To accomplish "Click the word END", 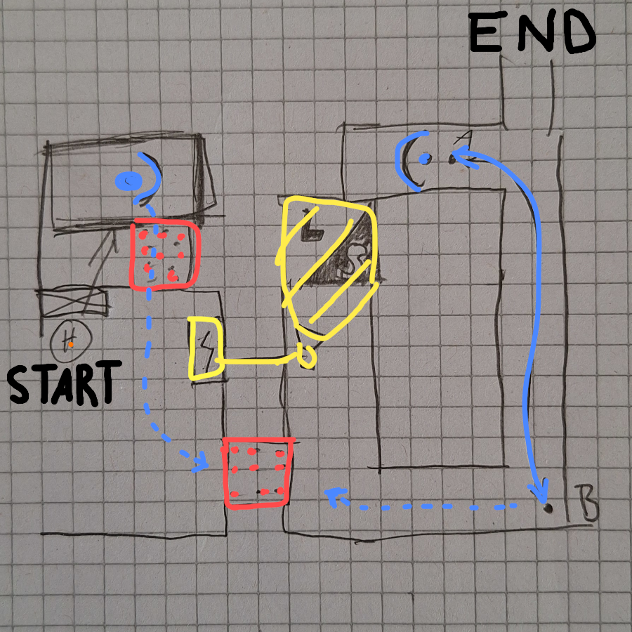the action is pyautogui.click(x=532, y=32).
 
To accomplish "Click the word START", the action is pyautogui.click(x=61, y=383).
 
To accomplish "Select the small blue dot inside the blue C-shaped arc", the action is pyautogui.click(x=424, y=159).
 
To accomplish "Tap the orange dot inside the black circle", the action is pyautogui.click(x=71, y=344).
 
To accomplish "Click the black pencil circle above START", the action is pyautogui.click(x=70, y=341).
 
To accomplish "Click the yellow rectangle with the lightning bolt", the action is pyautogui.click(x=206, y=348).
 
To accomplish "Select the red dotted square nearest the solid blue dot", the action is pyautogui.click(x=164, y=254).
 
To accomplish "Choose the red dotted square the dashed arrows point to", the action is pyautogui.click(x=257, y=471).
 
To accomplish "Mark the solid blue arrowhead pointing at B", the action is pyautogui.click(x=541, y=490).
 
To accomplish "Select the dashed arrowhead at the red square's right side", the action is pyautogui.click(x=336, y=498).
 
